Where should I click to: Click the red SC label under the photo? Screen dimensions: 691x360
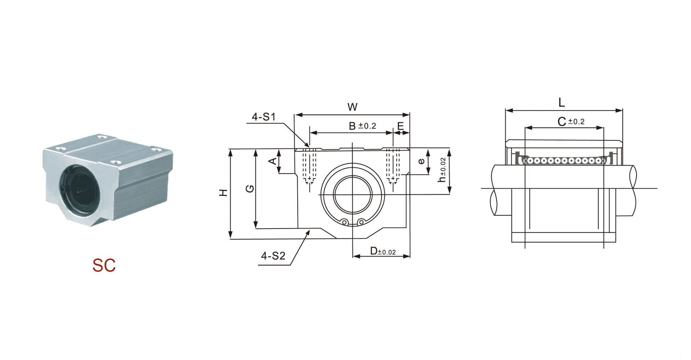click(x=104, y=265)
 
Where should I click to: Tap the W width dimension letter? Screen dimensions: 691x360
click(x=352, y=107)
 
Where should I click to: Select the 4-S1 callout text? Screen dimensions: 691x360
click(x=263, y=117)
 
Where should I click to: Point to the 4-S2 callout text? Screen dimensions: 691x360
click(x=273, y=256)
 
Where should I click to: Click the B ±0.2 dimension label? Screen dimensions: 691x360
click(x=362, y=126)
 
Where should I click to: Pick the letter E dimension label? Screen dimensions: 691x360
click(x=401, y=126)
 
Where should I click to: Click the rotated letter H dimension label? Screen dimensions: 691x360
click(x=223, y=193)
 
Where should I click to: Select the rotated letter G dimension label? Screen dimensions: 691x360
click(x=250, y=189)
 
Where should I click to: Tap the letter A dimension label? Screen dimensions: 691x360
click(x=273, y=161)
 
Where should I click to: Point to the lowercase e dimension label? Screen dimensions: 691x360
click(x=421, y=161)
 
